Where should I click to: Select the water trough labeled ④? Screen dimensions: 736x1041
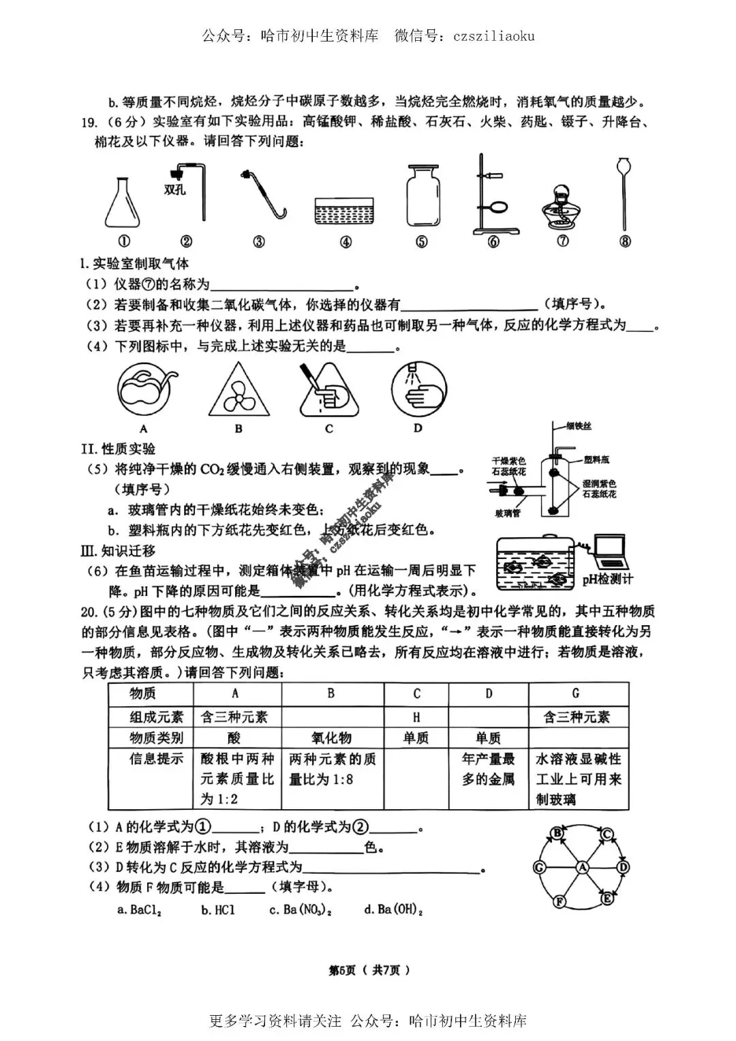[345, 211]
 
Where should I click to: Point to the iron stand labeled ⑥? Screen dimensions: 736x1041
[492, 195]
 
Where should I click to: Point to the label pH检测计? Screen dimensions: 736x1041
[607, 579]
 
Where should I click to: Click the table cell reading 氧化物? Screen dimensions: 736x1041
[331, 738]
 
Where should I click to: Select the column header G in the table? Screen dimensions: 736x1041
[577, 693]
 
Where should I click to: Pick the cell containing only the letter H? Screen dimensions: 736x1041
[416, 716]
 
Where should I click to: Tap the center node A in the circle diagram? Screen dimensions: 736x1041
[582, 867]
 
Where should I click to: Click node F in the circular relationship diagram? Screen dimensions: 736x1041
[560, 902]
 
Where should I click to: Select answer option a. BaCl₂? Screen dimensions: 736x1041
[139, 909]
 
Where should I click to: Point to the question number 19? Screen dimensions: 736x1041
[89, 123]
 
